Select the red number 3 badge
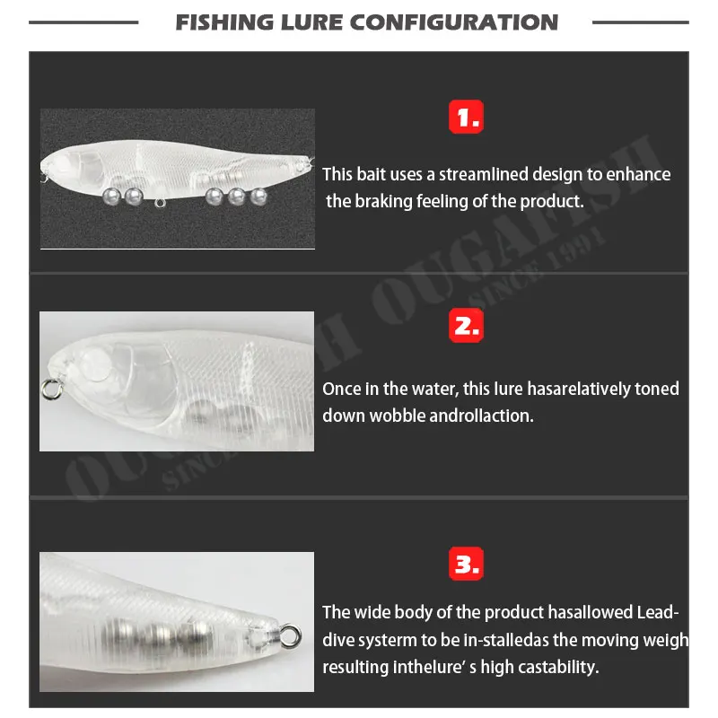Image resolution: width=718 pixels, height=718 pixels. click(x=465, y=565)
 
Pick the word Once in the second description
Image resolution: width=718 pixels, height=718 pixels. click(x=342, y=390)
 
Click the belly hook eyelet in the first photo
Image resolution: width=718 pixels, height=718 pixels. click(x=160, y=203)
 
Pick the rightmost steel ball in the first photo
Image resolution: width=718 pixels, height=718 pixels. click(x=259, y=194)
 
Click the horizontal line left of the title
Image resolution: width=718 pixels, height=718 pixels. click(x=84, y=22)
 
